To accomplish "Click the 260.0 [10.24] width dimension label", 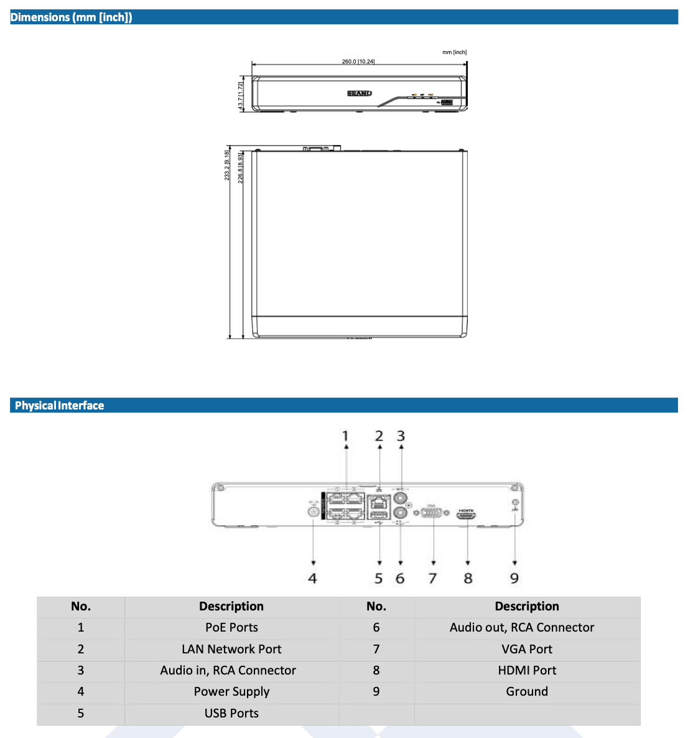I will (x=358, y=62).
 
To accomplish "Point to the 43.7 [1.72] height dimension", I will (x=241, y=95).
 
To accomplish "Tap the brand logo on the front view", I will (x=359, y=93).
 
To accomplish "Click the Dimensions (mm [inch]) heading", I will (x=72, y=17).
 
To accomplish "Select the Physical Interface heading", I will (x=60, y=406).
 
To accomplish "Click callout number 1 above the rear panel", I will (x=346, y=436).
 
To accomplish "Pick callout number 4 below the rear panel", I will (x=312, y=579).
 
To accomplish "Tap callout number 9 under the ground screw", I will (x=514, y=579).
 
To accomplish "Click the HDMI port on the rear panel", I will (x=467, y=515).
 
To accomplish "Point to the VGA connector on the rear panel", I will (x=432, y=513).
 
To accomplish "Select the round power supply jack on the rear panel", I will (x=314, y=511).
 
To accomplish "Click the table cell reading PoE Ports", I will (x=231, y=628).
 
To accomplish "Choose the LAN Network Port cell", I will (x=231, y=649).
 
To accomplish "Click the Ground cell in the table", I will (x=527, y=691).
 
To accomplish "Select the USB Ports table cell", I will (x=231, y=713).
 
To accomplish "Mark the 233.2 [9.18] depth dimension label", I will (x=228, y=166).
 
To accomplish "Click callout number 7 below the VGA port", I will (x=432, y=579).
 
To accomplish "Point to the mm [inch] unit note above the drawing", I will (x=454, y=52).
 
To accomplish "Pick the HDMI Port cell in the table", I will (x=527, y=670).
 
